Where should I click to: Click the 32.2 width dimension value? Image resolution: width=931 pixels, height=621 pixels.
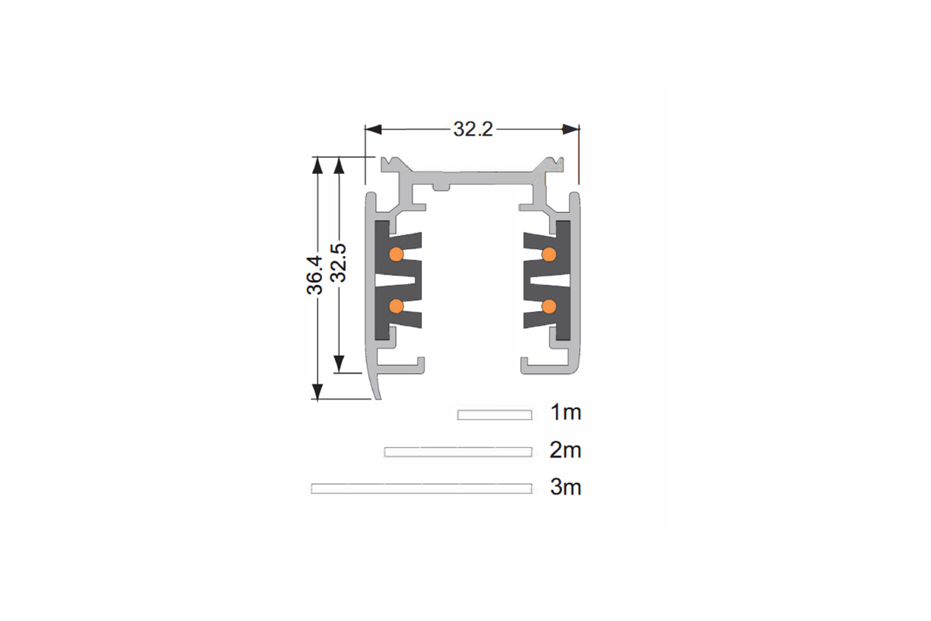click(x=473, y=129)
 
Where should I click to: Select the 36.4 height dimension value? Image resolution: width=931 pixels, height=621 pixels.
click(x=315, y=275)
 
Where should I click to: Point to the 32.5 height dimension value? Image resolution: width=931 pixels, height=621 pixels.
click(x=338, y=263)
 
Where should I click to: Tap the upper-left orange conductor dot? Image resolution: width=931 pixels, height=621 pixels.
click(x=397, y=254)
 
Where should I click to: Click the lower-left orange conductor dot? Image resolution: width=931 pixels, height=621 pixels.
click(x=397, y=306)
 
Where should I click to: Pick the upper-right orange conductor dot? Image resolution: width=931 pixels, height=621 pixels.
click(x=549, y=254)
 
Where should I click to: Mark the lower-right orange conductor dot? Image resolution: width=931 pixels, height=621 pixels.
click(x=549, y=306)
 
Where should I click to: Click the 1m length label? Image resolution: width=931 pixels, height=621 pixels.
click(x=565, y=412)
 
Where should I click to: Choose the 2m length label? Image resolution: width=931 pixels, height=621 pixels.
click(x=565, y=450)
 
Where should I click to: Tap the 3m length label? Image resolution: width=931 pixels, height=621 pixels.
click(x=565, y=487)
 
